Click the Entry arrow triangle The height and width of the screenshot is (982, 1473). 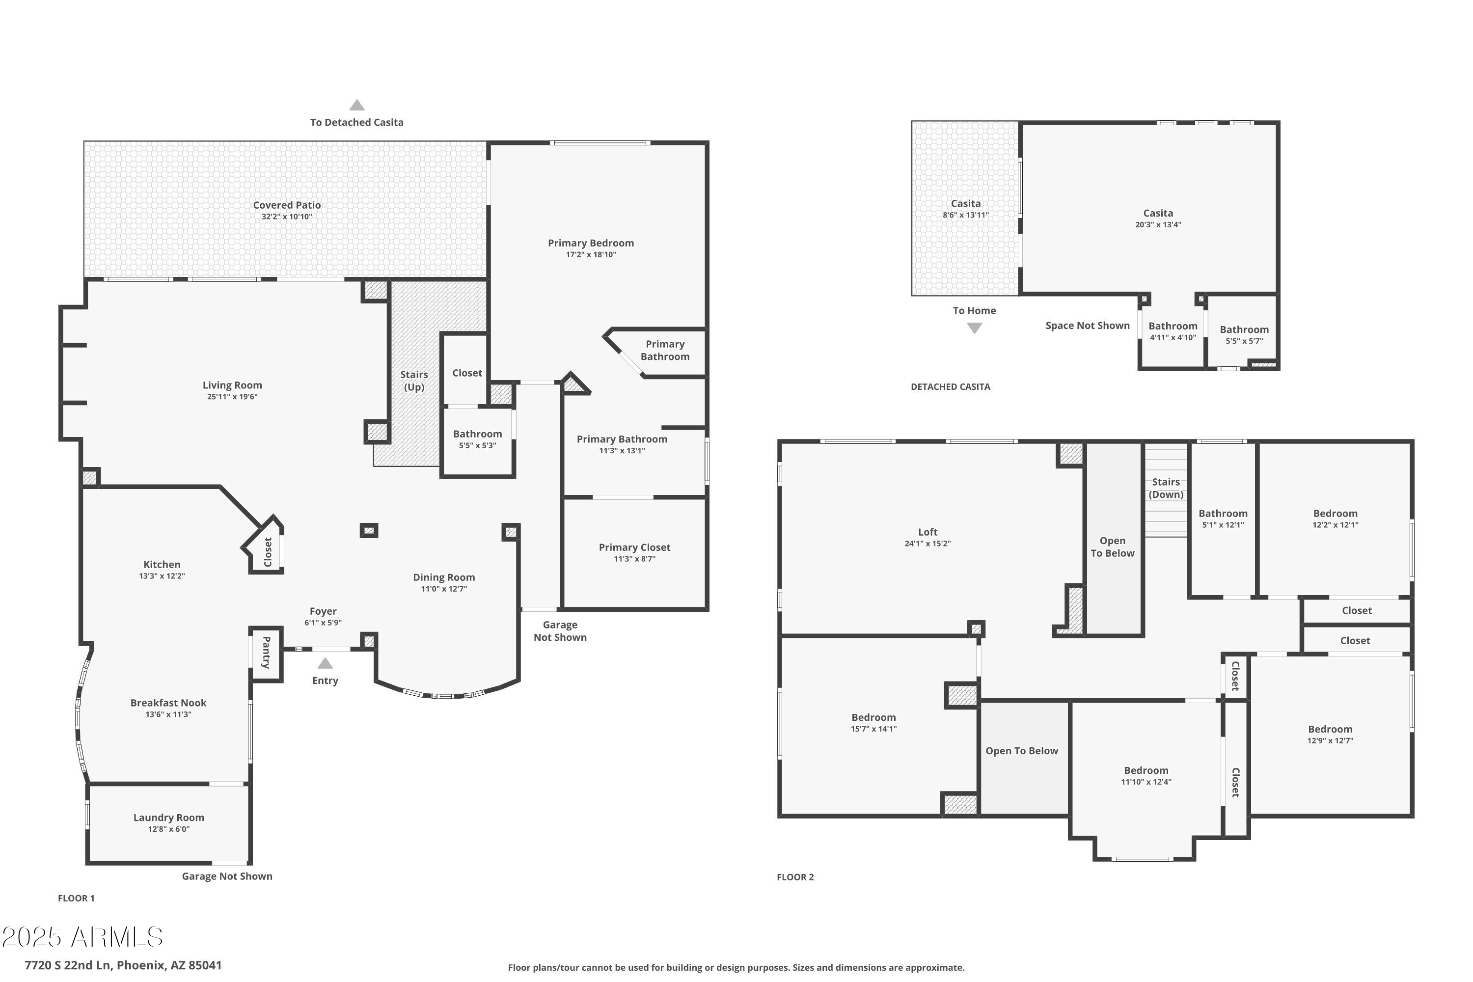(x=325, y=663)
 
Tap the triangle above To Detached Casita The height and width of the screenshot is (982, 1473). (x=357, y=105)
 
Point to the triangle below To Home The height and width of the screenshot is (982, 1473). (x=975, y=328)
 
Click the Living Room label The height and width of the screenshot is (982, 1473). (x=232, y=385)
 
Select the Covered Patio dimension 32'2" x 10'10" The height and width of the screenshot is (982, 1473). (x=287, y=217)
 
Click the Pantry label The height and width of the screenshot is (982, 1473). (x=266, y=653)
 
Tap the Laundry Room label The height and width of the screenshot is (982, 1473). (x=168, y=818)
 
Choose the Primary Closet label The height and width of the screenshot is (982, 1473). (x=634, y=547)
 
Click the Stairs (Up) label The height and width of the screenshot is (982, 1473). (x=414, y=381)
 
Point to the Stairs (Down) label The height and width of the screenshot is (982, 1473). (x=1166, y=488)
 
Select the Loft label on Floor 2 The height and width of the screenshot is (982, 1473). (x=927, y=532)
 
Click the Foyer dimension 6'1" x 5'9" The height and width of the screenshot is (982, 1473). (x=323, y=623)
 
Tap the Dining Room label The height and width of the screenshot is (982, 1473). (x=444, y=577)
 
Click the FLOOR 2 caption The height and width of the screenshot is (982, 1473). (x=795, y=877)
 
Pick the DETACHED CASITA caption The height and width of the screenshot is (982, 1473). (x=951, y=387)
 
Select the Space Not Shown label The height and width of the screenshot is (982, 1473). (x=1088, y=326)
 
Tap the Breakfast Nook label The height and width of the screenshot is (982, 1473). (x=168, y=703)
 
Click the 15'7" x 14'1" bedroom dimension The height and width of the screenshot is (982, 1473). (x=873, y=729)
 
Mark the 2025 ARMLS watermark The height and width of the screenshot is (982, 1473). (x=82, y=937)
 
